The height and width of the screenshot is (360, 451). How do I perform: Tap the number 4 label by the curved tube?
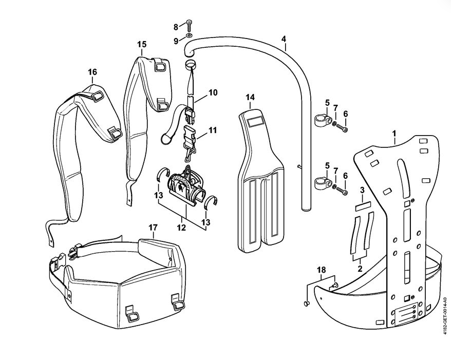284,39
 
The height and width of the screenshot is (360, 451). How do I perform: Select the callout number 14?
250,98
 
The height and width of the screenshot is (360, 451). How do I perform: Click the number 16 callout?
92,72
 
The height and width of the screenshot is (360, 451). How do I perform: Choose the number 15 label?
142,45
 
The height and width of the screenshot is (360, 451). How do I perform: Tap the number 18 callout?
321,270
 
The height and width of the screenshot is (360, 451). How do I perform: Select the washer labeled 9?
190,36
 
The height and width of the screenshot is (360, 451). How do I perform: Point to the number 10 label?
213,93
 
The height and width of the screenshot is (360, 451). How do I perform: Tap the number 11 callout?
212,130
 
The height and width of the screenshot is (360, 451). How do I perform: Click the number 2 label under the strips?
360,268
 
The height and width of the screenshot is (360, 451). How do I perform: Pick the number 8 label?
176,27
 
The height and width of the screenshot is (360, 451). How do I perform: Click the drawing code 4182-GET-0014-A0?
444,316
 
